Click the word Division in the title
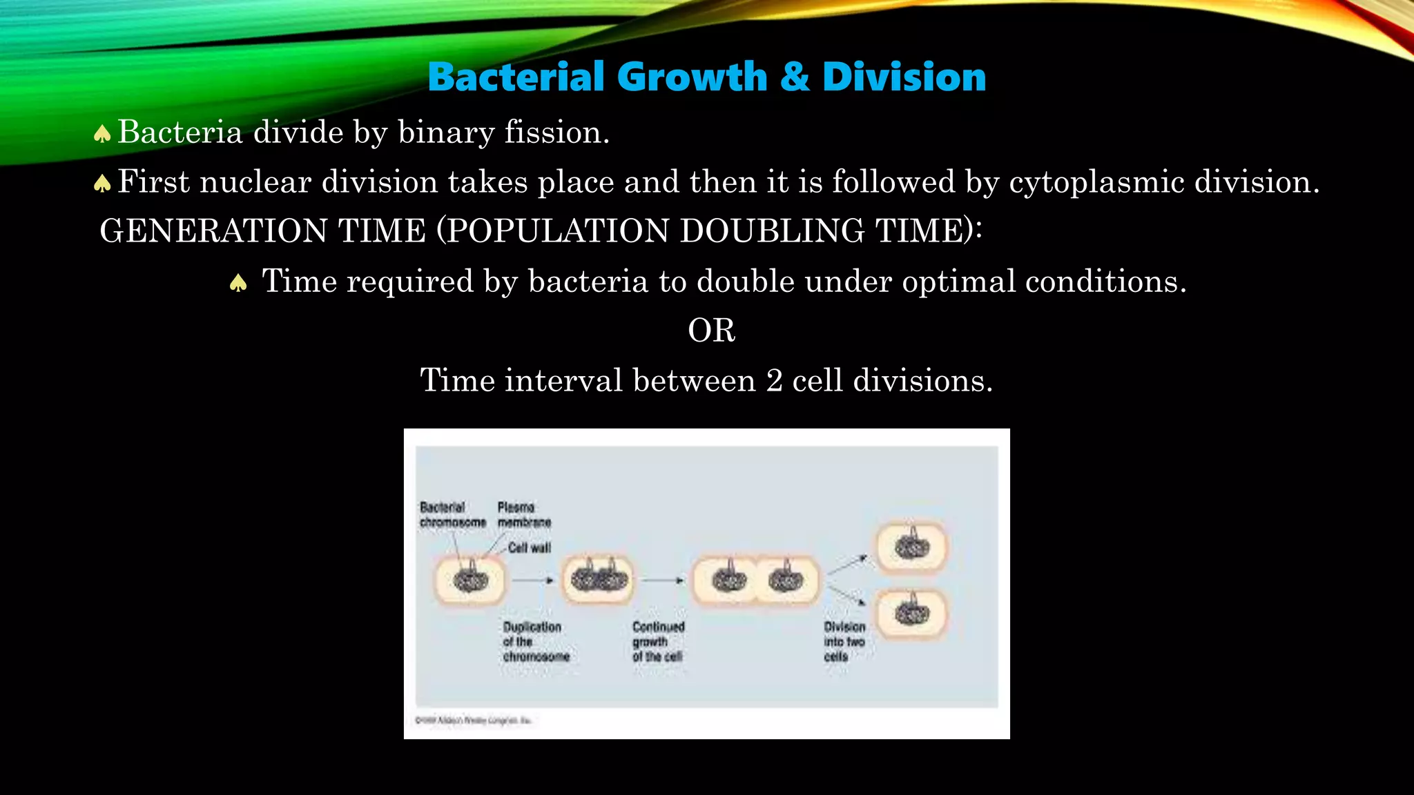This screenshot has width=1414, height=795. pyautogui.click(x=904, y=77)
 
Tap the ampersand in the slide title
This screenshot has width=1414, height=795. pyautogui.click(x=795, y=77)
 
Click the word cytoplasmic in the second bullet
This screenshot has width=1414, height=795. pyautogui.click(x=1096, y=183)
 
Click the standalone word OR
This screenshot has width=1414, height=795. pyautogui.click(x=711, y=331)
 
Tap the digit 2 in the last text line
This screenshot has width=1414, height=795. pyautogui.click(x=774, y=381)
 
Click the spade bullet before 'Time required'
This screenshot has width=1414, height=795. pyautogui.click(x=238, y=283)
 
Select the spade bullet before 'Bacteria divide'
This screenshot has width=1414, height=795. pyautogui.click(x=102, y=133)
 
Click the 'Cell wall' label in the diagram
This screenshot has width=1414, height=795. pyautogui.click(x=529, y=548)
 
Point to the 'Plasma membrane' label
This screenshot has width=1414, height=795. pyautogui.click(x=524, y=515)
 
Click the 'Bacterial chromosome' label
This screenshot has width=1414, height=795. pyautogui.click(x=452, y=515)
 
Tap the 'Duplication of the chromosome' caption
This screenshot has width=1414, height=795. pyautogui.click(x=536, y=642)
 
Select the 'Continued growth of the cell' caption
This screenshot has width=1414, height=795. pyautogui.click(x=658, y=642)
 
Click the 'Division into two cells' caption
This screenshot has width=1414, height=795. pyautogui.click(x=844, y=642)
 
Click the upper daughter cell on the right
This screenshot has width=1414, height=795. pyautogui.click(x=912, y=549)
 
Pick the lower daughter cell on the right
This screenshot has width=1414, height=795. pyautogui.click(x=912, y=613)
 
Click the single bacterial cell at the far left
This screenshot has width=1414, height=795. pyautogui.click(x=470, y=580)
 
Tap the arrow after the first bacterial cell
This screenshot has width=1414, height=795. pyautogui.click(x=532, y=580)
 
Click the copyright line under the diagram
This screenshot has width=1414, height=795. pyautogui.click(x=473, y=720)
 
